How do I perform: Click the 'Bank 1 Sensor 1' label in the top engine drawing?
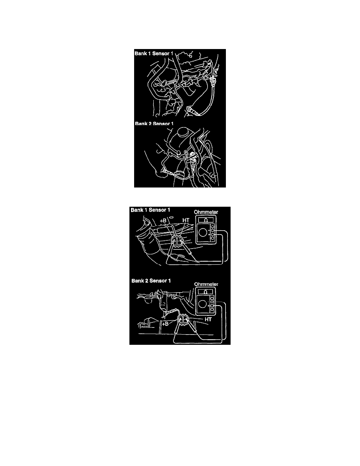154,53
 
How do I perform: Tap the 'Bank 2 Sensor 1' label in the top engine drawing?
154,123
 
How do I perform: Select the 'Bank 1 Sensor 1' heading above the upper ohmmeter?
150,210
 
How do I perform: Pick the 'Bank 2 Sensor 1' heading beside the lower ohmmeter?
151,280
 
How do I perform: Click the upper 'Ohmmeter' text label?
206,212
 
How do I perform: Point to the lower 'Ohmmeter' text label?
206,284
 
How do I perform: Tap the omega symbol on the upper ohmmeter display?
206,220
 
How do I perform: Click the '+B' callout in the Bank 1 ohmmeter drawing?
163,220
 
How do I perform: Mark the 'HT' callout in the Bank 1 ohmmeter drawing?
185,220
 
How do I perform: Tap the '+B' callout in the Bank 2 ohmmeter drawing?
165,323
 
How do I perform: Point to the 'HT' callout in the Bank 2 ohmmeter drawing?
208,319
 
